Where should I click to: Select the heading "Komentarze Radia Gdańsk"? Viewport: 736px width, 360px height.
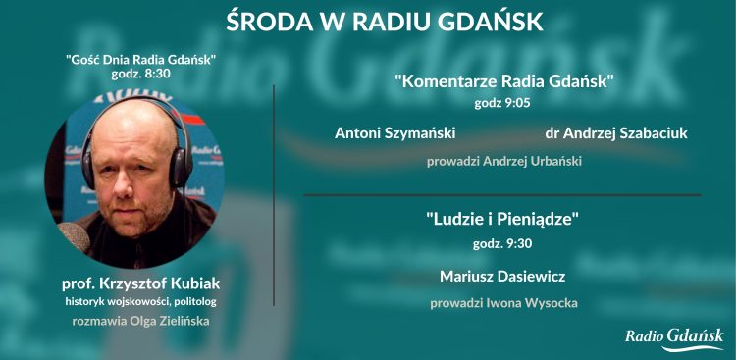(504, 81)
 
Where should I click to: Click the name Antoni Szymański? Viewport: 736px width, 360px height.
(395, 133)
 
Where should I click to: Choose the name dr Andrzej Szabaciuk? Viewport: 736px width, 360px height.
(615, 133)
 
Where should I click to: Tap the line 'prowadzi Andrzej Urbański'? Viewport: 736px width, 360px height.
(504, 161)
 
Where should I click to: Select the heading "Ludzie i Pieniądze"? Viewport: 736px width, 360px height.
(502, 220)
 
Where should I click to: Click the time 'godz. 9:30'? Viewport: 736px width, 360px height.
(502, 243)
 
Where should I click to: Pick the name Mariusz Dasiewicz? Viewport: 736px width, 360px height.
(502, 276)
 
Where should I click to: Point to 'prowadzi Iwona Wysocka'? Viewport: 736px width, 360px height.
(502, 303)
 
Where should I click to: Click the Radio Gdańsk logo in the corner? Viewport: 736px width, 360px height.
(674, 336)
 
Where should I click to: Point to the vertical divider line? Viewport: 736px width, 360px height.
(273, 196)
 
